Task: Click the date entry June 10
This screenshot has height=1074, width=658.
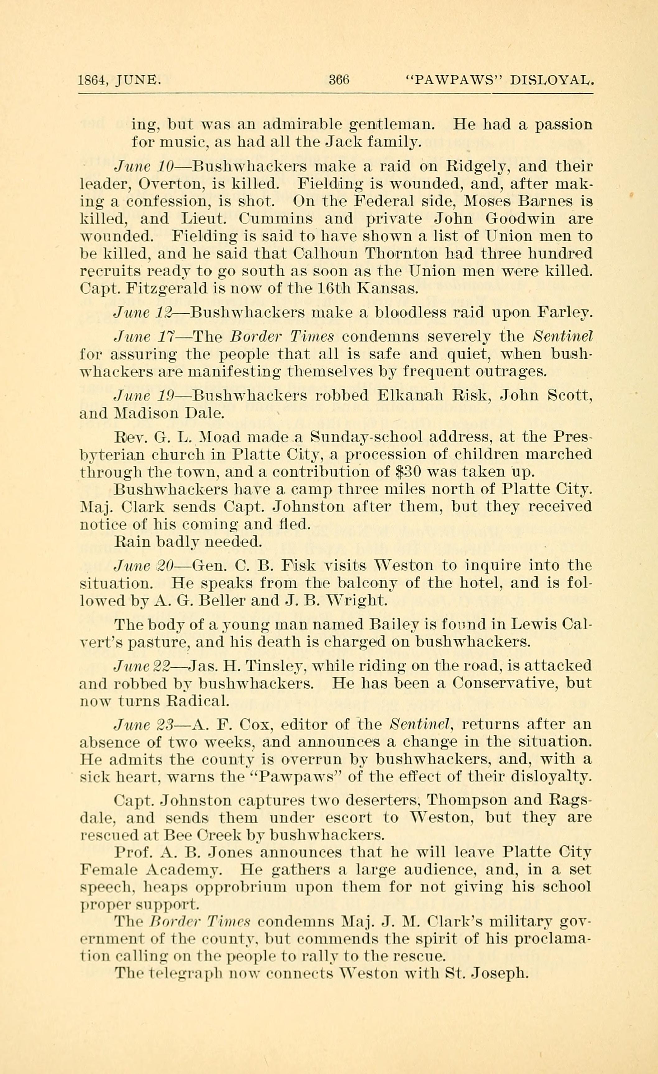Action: tap(144, 166)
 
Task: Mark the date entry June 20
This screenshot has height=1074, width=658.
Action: tap(144, 565)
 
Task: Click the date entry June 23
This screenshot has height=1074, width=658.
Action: tap(144, 724)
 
